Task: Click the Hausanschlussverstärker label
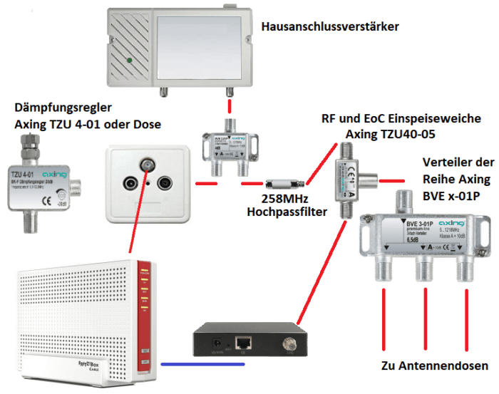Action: coord(330,27)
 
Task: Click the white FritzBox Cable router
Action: coord(79,313)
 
